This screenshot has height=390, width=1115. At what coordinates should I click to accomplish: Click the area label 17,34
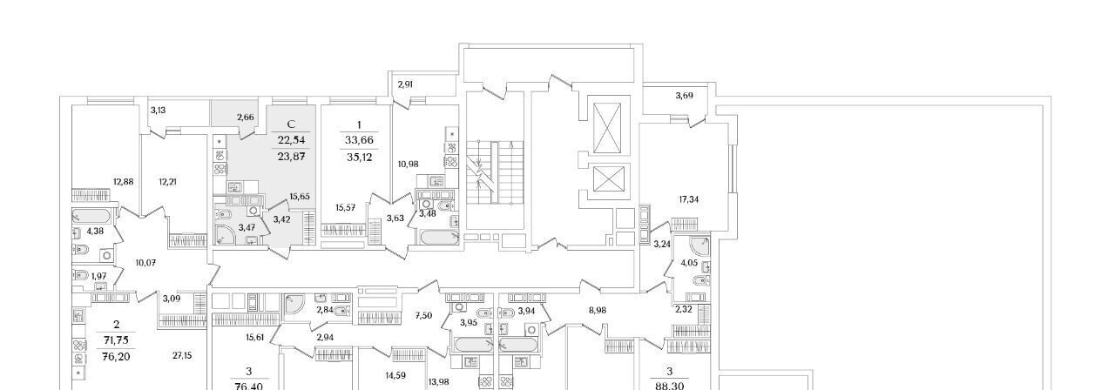689,199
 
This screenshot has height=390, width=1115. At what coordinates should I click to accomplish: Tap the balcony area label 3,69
684,95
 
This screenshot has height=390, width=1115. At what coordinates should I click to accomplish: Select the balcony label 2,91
405,84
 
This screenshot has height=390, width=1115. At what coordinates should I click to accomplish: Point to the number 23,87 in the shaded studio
291,156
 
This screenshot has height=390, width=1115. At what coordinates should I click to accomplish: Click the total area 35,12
359,158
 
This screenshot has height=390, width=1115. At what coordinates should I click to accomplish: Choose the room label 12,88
124,182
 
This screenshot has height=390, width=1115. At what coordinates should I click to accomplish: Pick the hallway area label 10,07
145,262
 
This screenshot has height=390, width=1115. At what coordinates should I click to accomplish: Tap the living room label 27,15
182,356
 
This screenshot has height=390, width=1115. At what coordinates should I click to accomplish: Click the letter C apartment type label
292,124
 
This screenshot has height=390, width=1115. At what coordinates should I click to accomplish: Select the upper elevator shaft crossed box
608,128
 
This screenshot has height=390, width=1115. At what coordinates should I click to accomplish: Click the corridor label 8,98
598,310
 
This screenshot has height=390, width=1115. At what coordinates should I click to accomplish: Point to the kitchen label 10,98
409,164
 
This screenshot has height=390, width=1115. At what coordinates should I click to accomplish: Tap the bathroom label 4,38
95,231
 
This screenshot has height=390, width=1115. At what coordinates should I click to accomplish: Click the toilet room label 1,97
98,276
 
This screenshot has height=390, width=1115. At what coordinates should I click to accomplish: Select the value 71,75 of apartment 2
116,340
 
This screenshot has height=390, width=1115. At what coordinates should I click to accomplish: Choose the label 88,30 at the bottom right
670,386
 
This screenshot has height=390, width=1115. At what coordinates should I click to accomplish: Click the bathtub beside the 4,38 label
91,217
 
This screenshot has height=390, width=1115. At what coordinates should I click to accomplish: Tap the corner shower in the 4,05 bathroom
699,245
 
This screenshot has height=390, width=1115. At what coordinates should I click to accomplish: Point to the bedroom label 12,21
168,182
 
